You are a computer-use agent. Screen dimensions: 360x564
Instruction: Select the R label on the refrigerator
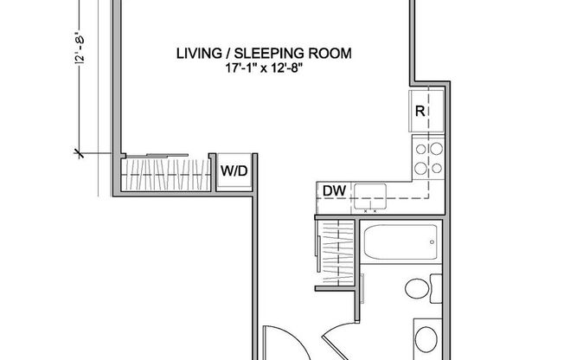coord(419,110)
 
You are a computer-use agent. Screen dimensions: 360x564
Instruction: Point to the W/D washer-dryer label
coord(233,171)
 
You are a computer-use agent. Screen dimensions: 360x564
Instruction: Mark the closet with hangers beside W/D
coord(164,176)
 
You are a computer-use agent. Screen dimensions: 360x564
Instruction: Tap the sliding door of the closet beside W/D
coord(164,157)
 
